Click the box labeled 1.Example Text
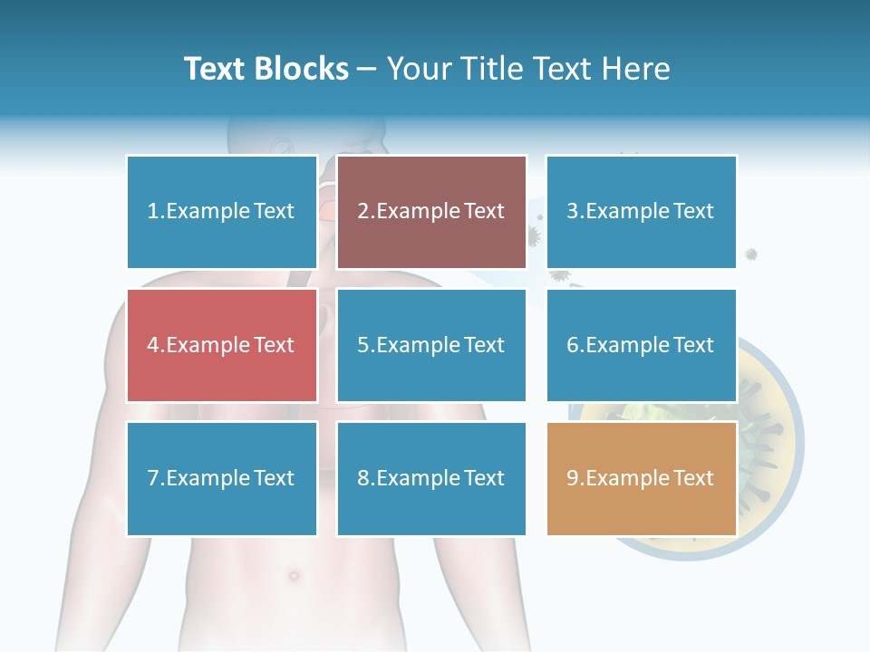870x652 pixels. (222, 212)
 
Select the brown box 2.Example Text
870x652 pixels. (431, 212)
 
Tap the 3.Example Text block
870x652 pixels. (641, 212)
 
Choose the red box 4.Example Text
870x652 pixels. (222, 345)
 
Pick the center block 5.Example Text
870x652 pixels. (431, 345)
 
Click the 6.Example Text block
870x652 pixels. (641, 345)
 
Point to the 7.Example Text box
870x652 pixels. (222, 478)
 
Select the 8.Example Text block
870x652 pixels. (431, 478)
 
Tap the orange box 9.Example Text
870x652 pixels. (641, 478)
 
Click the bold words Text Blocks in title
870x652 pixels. (266, 69)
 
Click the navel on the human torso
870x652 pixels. (293, 574)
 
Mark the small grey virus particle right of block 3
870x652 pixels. (751, 254)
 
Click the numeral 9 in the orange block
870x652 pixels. (572, 478)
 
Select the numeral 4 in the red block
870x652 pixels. (152, 345)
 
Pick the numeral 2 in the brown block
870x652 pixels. (362, 212)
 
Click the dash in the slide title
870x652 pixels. (368, 70)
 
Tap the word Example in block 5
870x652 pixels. (418, 345)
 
